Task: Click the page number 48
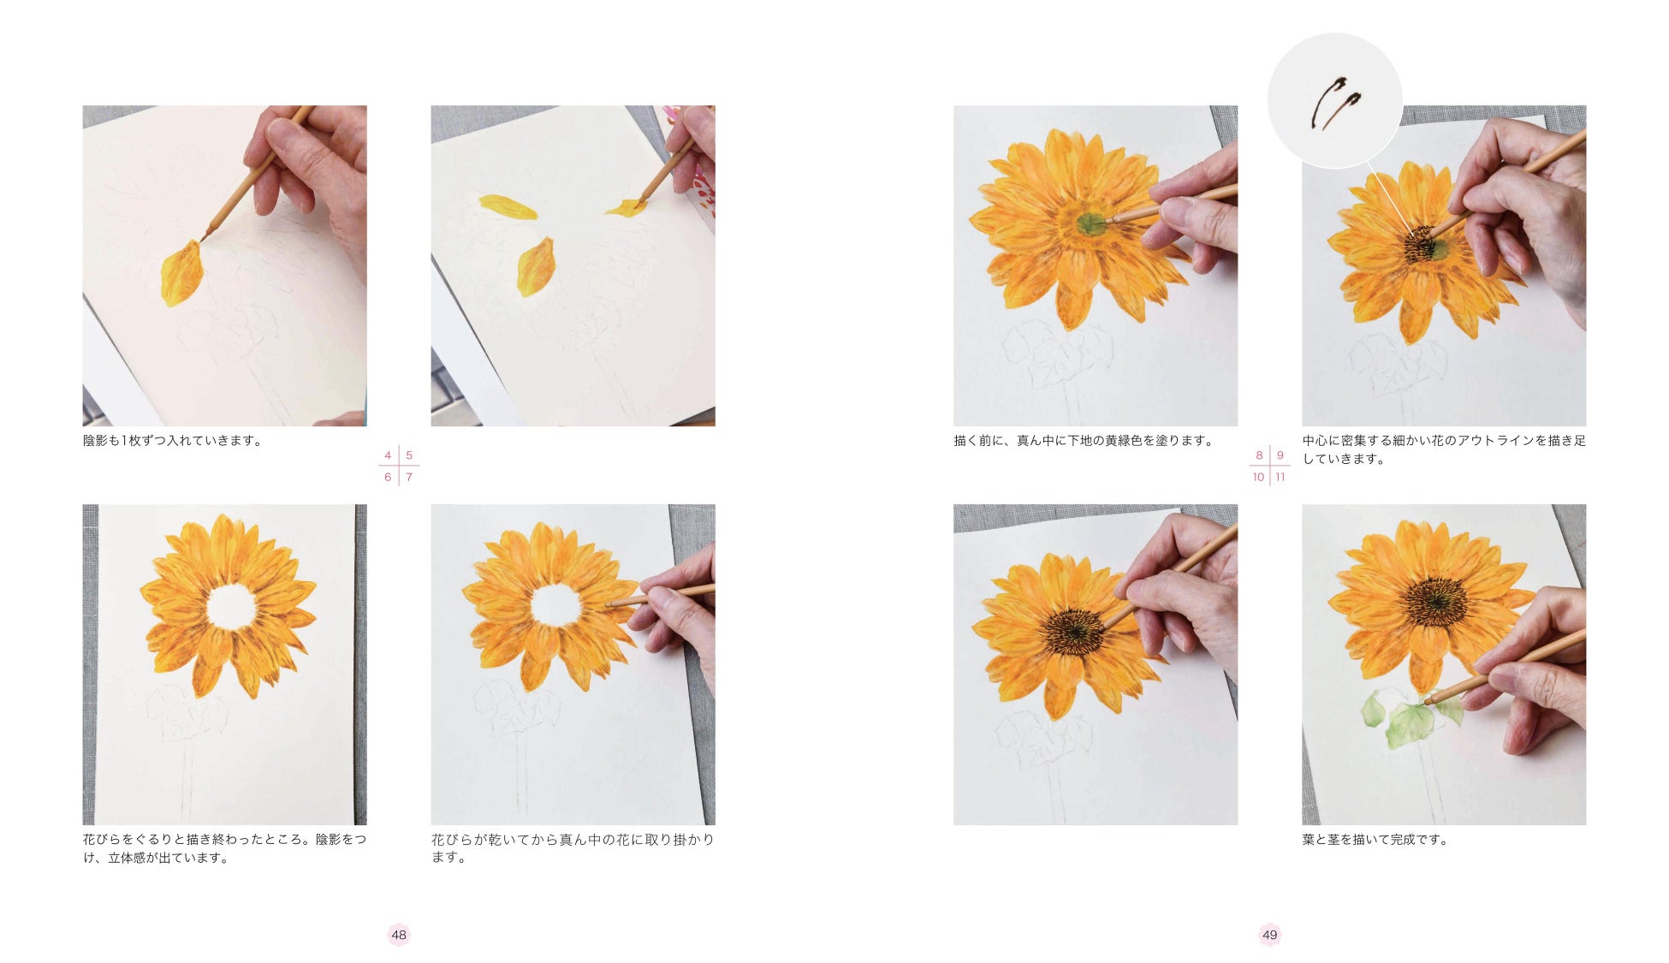399,935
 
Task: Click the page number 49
1269,935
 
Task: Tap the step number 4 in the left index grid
388,455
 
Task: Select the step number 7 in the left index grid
409,477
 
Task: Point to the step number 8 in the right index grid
1259,455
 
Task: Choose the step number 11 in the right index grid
1280,477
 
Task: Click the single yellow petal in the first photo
182,273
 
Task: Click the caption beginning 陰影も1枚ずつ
172,441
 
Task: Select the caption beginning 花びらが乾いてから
573,848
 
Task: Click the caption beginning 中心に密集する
1444,449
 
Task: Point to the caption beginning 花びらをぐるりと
224,848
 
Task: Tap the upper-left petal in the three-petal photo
508,206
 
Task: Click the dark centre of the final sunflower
1436,601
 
